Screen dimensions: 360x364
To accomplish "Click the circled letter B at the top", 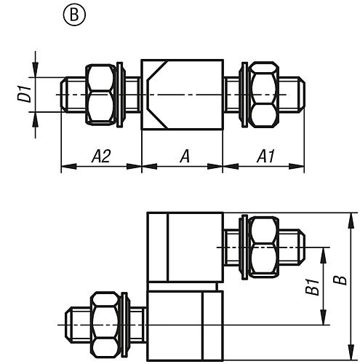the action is (x=74, y=15).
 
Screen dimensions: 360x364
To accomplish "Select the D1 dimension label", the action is (x=24, y=94).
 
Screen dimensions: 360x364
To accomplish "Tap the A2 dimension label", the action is (x=101, y=156).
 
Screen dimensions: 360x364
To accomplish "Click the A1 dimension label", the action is (x=265, y=156).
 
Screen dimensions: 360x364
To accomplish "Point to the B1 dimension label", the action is (x=313, y=287).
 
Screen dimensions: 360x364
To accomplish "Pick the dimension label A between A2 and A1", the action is (x=185, y=156).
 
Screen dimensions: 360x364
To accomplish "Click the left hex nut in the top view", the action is (x=100, y=95).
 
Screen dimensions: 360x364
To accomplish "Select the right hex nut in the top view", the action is (x=264, y=95).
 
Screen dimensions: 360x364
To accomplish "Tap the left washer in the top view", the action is (x=120, y=95).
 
